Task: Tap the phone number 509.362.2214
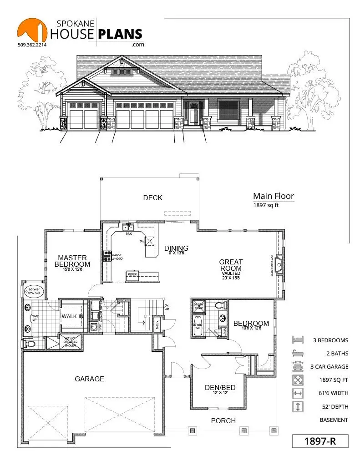[x=33, y=45]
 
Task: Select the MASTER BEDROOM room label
[x=72, y=261]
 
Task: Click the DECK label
[x=152, y=198]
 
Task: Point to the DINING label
[x=176, y=248]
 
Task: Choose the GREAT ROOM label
[x=231, y=265]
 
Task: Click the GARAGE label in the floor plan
[x=90, y=379]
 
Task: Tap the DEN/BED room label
[x=220, y=388]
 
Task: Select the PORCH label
[x=223, y=420]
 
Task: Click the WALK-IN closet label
[x=73, y=316]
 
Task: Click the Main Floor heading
[x=274, y=196]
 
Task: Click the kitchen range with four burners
[x=108, y=256]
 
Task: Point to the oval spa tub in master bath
[x=33, y=291]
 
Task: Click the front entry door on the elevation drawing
[x=194, y=113]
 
